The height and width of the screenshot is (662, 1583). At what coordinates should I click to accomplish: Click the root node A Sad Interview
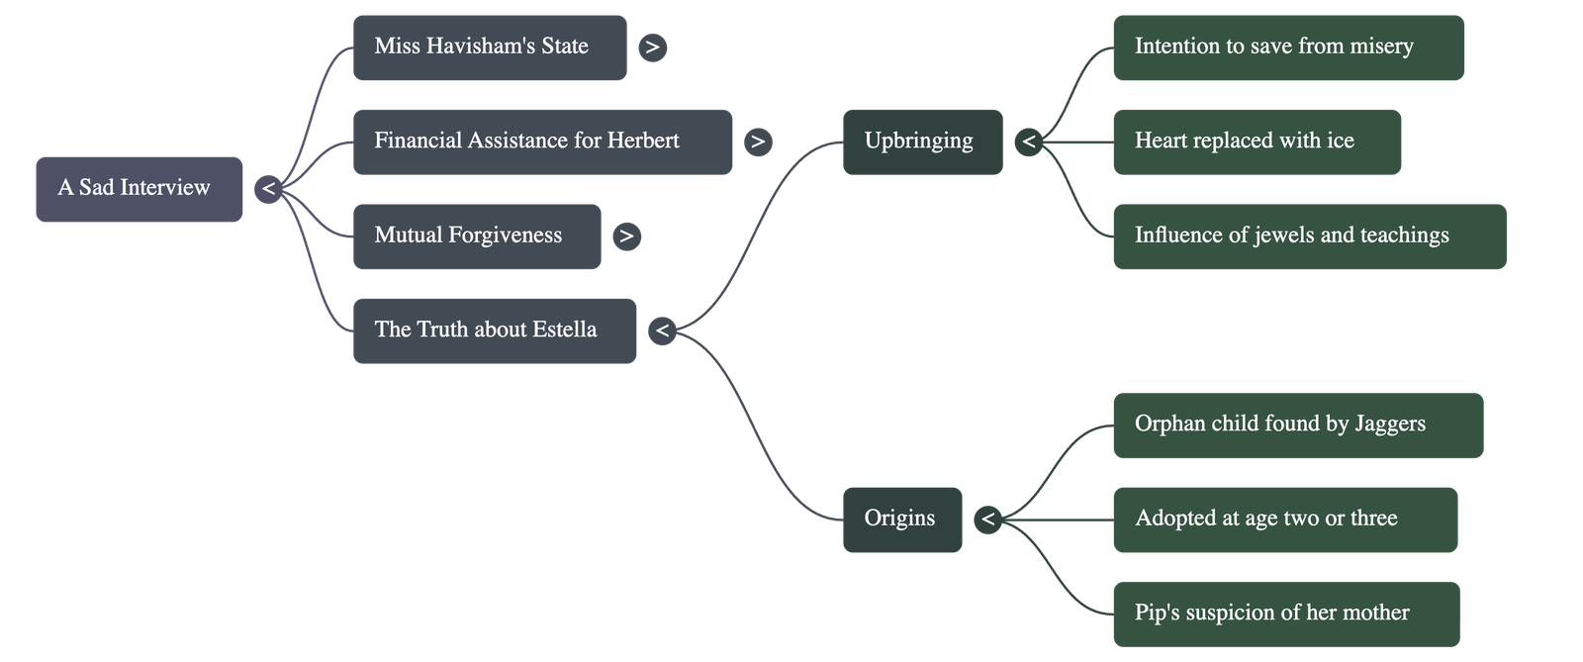click(x=139, y=188)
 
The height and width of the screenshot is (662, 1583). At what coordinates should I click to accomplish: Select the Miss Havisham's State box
click(x=490, y=47)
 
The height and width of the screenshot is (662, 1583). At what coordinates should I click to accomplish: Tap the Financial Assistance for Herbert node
click(x=542, y=142)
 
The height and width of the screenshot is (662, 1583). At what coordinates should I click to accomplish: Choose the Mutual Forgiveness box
click(x=477, y=236)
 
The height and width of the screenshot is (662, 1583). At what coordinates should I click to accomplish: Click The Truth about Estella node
click(x=495, y=330)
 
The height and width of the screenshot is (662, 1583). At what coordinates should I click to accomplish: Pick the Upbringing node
click(x=921, y=142)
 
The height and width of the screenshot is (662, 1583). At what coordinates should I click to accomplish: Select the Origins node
click(x=901, y=519)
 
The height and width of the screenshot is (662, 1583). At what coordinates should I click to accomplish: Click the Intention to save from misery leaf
click(x=1287, y=47)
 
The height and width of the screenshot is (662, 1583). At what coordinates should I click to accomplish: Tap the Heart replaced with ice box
click(x=1257, y=142)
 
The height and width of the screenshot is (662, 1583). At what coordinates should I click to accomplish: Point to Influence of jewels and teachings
click(x=1309, y=236)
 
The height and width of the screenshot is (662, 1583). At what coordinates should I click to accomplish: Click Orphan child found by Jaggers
click(x=1297, y=425)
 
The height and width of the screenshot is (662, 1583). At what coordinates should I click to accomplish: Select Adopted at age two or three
click(x=1284, y=519)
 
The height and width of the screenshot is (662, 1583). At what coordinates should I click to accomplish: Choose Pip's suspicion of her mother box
click(x=1285, y=614)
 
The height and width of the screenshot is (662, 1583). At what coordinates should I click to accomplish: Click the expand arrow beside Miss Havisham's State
click(x=652, y=47)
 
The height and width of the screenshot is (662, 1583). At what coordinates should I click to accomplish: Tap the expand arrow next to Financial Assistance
click(x=758, y=142)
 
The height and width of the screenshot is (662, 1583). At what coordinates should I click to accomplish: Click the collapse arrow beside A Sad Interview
click(x=268, y=188)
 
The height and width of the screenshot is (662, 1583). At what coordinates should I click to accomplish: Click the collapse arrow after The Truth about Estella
click(x=662, y=330)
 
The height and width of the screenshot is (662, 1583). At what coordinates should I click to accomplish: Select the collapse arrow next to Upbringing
click(x=1029, y=142)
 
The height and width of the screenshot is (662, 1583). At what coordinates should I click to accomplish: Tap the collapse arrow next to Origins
click(x=987, y=519)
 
